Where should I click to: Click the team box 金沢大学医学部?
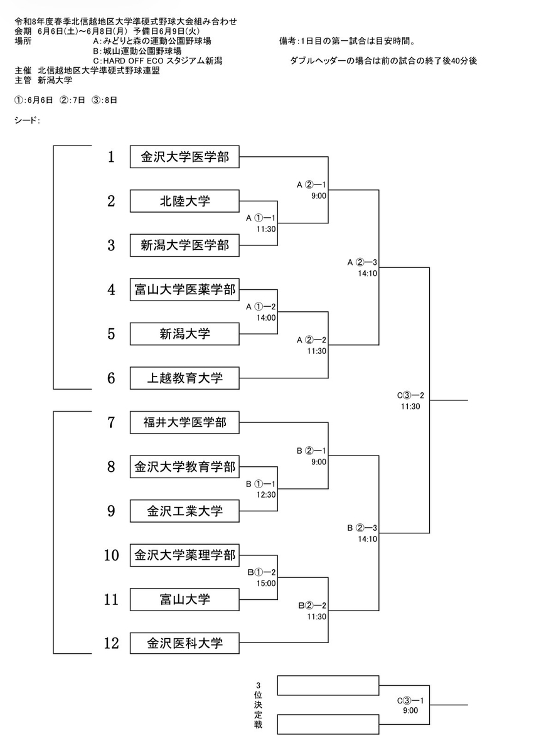[184, 157]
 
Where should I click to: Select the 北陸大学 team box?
[184, 201]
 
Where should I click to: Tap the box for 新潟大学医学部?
[184, 245]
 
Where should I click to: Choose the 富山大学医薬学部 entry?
[184, 289]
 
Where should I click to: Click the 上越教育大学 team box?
[184, 378]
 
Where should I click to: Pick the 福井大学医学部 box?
[184, 422]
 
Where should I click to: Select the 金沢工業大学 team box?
[184, 511]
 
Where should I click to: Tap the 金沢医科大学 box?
[184, 644]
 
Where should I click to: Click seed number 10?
[111, 555]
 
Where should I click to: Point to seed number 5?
[111, 334]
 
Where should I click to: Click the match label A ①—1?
[261, 218]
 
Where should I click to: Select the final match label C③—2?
[410, 395]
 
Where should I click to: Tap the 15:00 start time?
[266, 583]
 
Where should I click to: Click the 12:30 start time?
[266, 494]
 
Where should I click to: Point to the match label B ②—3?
[362, 528]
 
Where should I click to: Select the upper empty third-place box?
[328, 685]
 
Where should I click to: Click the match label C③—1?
[410, 700]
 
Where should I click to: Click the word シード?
[26, 120]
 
